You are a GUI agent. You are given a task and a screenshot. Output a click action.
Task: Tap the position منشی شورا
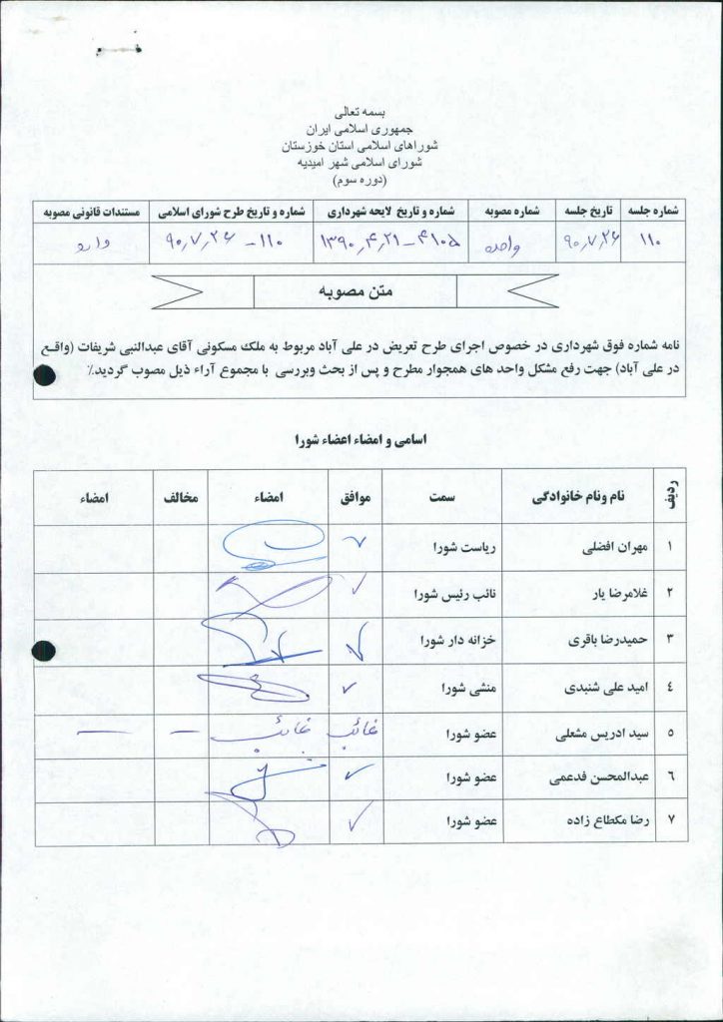pos(463,688)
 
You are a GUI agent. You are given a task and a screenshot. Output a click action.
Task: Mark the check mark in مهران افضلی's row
pos(355,544)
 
